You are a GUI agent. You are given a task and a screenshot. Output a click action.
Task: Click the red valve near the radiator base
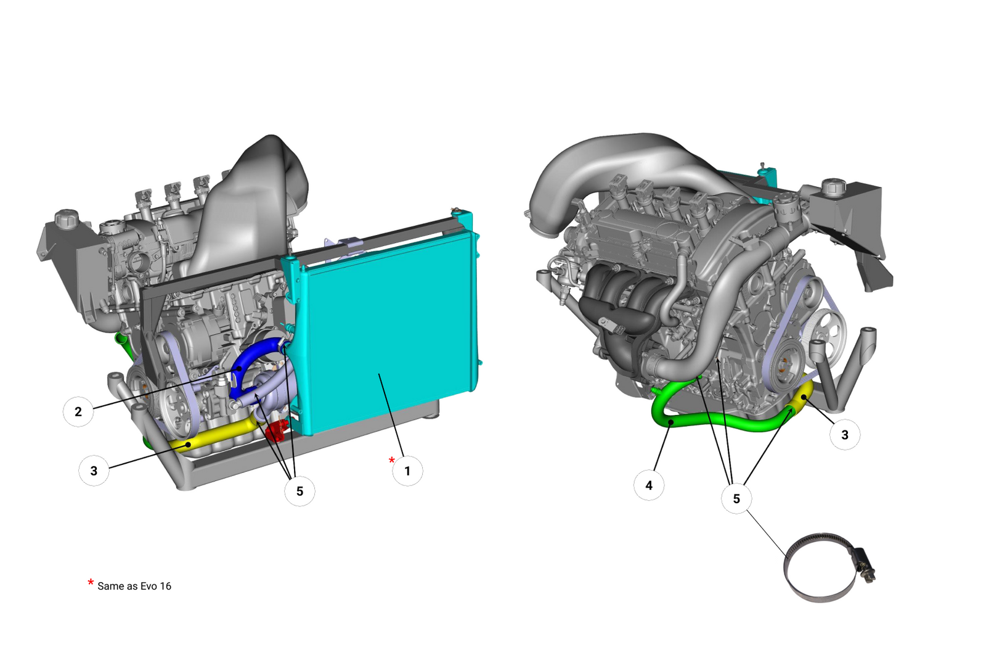coord(276,429)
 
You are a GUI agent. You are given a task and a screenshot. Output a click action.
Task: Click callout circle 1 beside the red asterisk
coord(407,471)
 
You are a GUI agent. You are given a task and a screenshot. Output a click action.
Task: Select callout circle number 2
coord(78,411)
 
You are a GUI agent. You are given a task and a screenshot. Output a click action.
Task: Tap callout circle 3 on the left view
coord(94,471)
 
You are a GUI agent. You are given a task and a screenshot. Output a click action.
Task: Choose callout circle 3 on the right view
coord(845,435)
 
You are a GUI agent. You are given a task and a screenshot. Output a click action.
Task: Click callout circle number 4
coord(649,485)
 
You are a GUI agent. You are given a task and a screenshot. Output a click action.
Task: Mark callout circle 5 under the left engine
coord(299,492)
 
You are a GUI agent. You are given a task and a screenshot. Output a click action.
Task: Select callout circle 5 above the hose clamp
coord(736,498)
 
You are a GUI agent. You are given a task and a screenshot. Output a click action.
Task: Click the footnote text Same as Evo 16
coord(134,586)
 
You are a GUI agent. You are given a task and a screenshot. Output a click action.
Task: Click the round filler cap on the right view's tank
coord(833,185)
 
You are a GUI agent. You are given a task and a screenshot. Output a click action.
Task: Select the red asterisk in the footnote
coord(91,583)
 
